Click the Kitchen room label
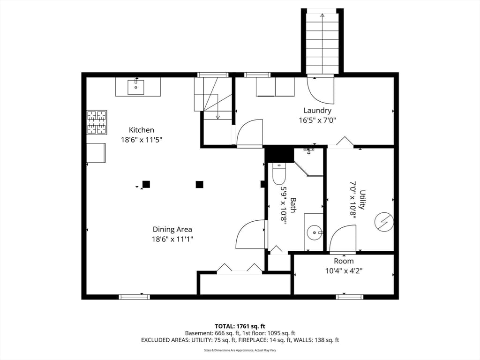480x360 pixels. pos(142,130)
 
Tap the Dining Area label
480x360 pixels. pos(172,229)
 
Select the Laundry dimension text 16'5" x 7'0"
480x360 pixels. pos(317,120)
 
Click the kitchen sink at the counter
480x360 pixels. pos(136,87)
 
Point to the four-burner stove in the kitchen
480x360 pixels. pos(97,122)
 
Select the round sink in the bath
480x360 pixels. pos(315,232)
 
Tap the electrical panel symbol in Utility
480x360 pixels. pos(384,221)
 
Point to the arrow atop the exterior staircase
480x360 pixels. pos(322,16)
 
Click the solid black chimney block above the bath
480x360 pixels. pos(279,154)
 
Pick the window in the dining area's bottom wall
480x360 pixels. pos(134,297)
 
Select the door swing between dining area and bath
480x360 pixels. pos(251,234)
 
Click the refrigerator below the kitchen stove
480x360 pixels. pos(96,153)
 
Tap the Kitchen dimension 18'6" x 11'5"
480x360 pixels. pos(142,139)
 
